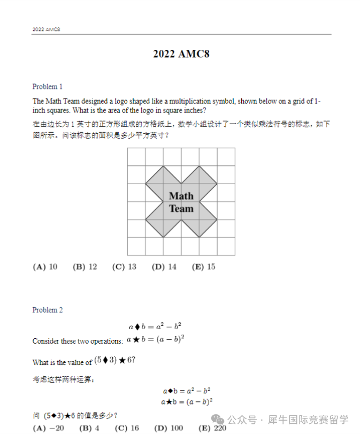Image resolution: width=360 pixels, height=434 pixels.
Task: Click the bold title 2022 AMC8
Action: pyautogui.click(x=181, y=54)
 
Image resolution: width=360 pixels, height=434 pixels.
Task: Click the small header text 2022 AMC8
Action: pyautogui.click(x=46, y=29)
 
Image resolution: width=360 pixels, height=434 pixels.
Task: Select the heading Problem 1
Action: pyautogui.click(x=48, y=87)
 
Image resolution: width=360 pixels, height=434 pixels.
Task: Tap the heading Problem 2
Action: pyautogui.click(x=48, y=310)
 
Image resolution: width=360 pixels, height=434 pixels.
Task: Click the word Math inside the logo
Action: pyautogui.click(x=181, y=196)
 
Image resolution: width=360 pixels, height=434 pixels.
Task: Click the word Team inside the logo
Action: pyautogui.click(x=181, y=209)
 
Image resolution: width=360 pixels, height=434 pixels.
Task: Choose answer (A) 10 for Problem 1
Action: pyautogui.click(x=45, y=267)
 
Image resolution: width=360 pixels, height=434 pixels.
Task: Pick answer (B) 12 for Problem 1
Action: pyautogui.click(x=85, y=267)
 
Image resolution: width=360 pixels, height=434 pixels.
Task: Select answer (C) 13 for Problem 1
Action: pyautogui.click(x=124, y=267)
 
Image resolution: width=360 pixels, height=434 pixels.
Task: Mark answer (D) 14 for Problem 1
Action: pyautogui.click(x=164, y=267)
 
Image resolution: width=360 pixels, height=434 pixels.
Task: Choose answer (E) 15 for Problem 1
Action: pyautogui.click(x=203, y=267)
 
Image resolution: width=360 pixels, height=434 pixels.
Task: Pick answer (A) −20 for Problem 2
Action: pyautogui.click(x=48, y=428)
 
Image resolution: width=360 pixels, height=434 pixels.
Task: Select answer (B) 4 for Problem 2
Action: pyautogui.click(x=89, y=428)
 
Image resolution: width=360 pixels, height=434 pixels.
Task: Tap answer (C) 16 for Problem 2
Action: pyautogui.click(x=127, y=428)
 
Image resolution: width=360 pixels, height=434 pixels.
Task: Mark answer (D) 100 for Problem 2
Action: pyautogui.click(x=168, y=428)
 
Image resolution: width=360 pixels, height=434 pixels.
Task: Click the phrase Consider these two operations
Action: pyautogui.click(x=78, y=341)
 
